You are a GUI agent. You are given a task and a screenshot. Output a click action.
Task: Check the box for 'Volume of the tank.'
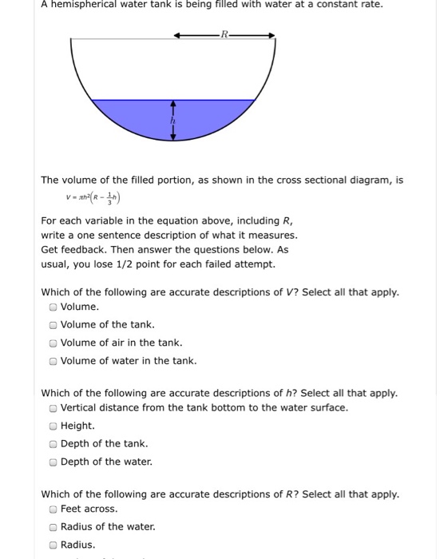[53, 325]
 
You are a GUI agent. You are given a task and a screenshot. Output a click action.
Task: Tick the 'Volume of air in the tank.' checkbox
[53, 343]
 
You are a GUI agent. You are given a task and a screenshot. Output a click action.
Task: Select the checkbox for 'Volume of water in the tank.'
[53, 361]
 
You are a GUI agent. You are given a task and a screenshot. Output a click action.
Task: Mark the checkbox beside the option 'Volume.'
[53, 307]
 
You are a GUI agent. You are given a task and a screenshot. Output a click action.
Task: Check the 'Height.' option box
[53, 426]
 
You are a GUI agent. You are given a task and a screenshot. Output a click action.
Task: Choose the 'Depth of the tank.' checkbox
[53, 444]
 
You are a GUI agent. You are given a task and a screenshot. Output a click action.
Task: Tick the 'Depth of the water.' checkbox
[53, 462]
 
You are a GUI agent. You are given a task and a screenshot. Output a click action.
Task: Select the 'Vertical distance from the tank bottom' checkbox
[53, 408]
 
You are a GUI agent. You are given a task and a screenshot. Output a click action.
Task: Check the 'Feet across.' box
[53, 509]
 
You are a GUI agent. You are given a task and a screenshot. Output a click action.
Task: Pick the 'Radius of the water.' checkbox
[53, 527]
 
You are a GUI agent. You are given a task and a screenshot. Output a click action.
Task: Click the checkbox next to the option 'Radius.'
[53, 545]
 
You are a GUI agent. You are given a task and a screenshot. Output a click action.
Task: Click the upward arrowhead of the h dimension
[173, 105]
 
